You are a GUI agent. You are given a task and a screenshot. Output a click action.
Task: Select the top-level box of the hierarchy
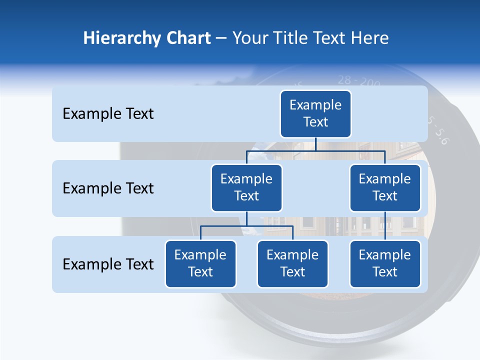(315, 114)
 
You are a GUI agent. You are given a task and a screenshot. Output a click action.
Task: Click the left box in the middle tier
(246, 188)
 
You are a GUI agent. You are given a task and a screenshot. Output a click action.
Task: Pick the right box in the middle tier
(385, 188)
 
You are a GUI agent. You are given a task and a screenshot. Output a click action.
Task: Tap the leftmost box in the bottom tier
(200, 264)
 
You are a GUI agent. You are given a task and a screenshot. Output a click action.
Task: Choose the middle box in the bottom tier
(292, 264)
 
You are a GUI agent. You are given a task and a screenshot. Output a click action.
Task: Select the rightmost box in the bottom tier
(385, 264)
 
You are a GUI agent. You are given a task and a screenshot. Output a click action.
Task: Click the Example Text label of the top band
(108, 114)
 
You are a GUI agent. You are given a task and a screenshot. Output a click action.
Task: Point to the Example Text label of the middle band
(108, 188)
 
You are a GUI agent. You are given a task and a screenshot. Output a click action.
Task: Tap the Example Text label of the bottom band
(108, 264)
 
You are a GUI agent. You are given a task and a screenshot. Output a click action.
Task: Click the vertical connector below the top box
(315, 144)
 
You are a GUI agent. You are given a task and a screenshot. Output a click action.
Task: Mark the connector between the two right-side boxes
(385, 226)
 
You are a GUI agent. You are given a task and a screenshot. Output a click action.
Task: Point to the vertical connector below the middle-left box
(246, 219)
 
